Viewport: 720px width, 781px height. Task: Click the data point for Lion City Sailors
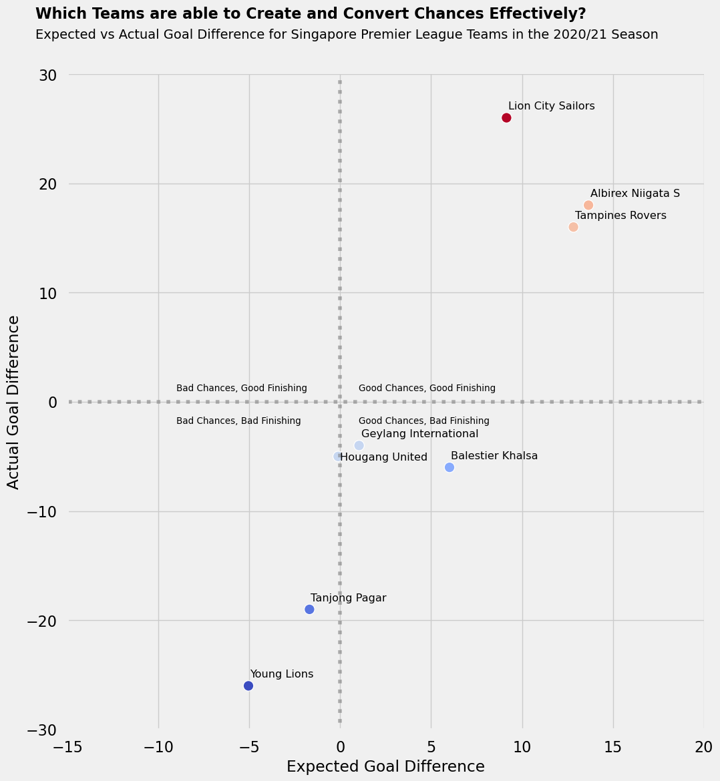click(506, 118)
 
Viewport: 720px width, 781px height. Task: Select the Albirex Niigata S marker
click(588, 205)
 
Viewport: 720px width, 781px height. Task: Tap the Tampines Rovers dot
click(573, 227)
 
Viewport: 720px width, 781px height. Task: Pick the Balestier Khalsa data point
click(449, 467)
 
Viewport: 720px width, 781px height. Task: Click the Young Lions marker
click(248, 686)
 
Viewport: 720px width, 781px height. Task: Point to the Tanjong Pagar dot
click(309, 609)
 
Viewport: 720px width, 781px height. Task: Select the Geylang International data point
click(359, 445)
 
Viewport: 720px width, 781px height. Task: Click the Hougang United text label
click(383, 457)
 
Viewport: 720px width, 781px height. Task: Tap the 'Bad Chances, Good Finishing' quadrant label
click(242, 388)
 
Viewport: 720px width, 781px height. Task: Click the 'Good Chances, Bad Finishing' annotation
click(424, 421)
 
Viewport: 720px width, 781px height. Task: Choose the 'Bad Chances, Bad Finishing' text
click(238, 421)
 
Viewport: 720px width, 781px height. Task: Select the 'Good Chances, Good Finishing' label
click(427, 388)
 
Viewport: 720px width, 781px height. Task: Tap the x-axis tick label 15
click(613, 746)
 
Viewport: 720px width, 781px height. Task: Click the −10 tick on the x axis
click(158, 746)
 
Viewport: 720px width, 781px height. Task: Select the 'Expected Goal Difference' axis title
click(385, 767)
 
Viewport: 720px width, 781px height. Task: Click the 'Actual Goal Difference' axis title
click(14, 402)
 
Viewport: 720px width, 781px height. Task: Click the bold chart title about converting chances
click(311, 14)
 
